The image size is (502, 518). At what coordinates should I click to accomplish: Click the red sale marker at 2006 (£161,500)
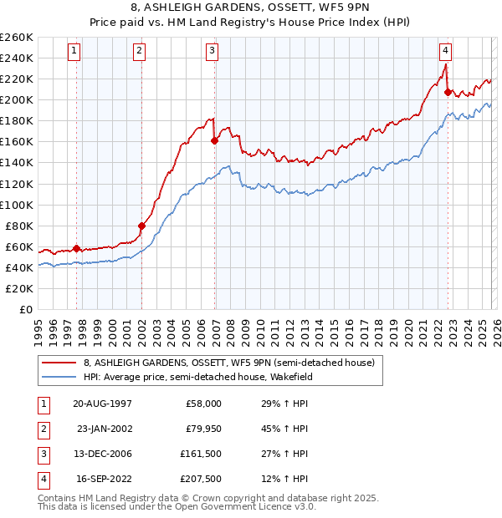[x=214, y=140]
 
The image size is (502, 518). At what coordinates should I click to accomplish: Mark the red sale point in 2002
[x=141, y=226]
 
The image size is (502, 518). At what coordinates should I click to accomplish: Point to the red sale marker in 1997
[x=76, y=248]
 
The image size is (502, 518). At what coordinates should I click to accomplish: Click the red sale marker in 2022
[x=448, y=92]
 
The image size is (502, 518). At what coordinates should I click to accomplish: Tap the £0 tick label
[x=25, y=309]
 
